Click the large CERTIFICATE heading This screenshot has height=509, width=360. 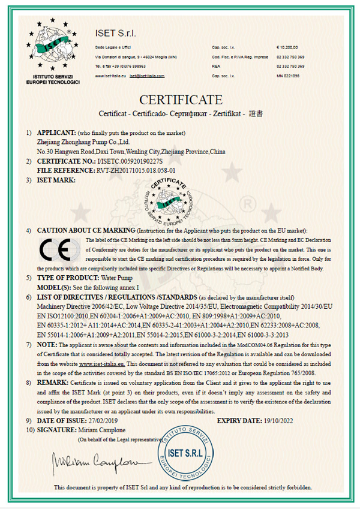(181, 99)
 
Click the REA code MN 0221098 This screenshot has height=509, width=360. (288, 76)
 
